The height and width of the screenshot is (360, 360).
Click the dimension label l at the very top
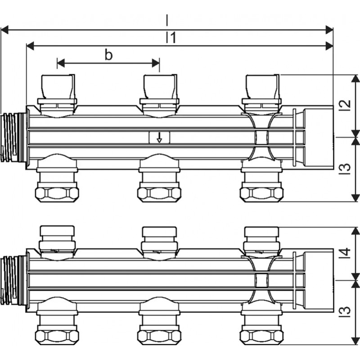coord(167,20)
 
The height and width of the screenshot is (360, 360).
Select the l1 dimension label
coord(171,38)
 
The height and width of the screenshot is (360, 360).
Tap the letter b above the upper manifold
coord(108,55)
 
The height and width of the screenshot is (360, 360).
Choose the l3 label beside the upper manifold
coord(345,168)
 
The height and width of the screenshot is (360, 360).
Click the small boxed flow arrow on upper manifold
coord(159,137)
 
